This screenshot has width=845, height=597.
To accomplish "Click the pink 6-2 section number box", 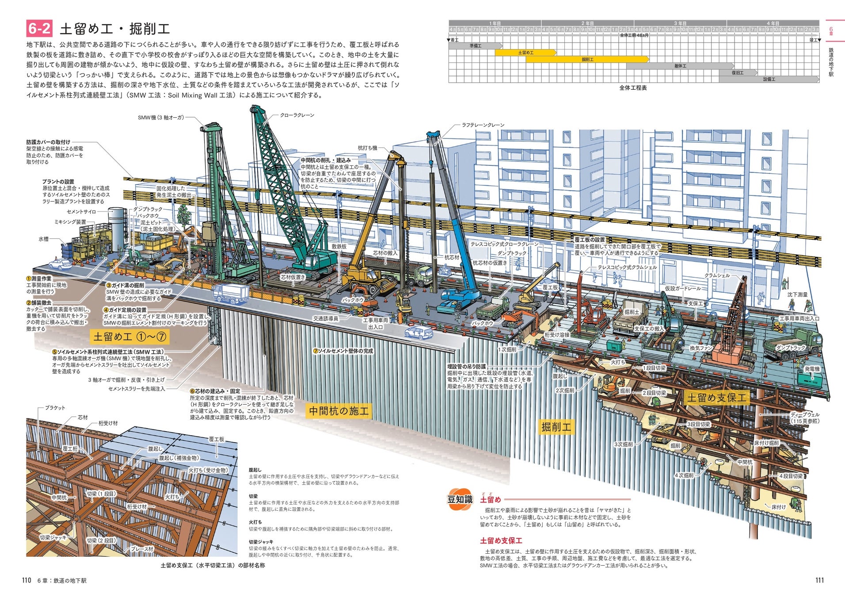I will tap(39, 29).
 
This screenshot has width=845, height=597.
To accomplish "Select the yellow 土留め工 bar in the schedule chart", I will tap(525, 53).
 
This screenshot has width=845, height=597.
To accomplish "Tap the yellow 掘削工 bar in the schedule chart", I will tap(587, 59).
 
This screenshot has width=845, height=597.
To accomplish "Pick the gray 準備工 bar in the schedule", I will tap(476, 46).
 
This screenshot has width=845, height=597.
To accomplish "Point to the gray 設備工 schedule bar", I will tap(769, 79).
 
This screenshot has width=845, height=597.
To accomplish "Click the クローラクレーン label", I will tap(297, 115).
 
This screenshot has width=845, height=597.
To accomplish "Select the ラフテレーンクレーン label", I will tap(483, 125).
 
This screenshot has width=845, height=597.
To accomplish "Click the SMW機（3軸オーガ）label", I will tap(161, 118).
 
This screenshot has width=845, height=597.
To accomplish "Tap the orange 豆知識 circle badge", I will tap(460, 499).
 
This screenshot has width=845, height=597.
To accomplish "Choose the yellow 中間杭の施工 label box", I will tap(339, 411).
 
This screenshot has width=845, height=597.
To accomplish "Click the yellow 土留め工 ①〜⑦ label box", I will tap(129, 337).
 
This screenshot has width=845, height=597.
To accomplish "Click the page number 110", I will tap(27, 580).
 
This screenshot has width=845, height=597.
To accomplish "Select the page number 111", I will tap(819, 580).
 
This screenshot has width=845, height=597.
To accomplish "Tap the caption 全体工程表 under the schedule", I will tap(633, 88).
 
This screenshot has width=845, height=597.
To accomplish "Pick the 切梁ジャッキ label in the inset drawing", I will tap(53, 538).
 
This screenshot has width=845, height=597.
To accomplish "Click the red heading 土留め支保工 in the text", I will tap(501, 540).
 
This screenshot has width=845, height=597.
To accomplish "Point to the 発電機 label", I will tap(812, 369).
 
